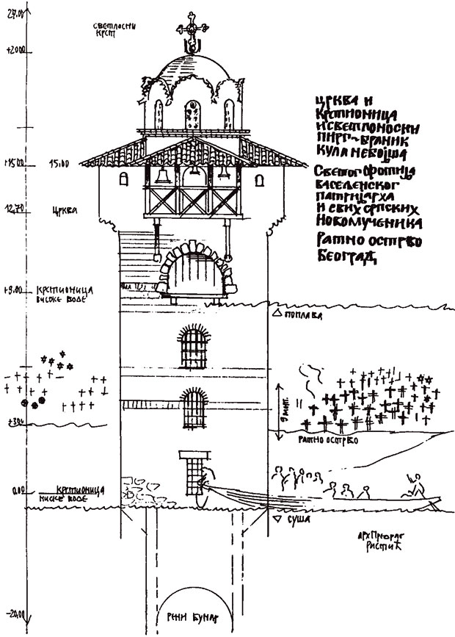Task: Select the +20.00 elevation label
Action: [x=14, y=51]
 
